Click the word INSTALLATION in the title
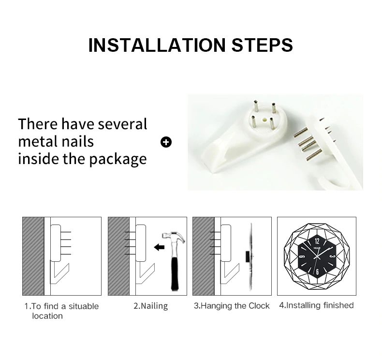point(157,45)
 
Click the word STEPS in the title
point(262,45)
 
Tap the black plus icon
point(166,142)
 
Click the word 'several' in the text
point(122,124)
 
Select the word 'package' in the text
point(118,160)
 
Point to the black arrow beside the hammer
point(160,247)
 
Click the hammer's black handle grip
point(175,274)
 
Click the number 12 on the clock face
point(317,241)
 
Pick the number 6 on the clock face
point(317,272)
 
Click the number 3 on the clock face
point(334,256)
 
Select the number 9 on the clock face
point(301,256)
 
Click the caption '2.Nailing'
point(150,306)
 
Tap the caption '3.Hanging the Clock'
point(232,306)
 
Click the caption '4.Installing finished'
point(316,305)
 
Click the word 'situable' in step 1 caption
point(84,306)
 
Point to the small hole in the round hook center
point(263,120)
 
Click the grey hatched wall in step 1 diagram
point(33,256)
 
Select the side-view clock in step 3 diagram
point(250,257)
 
